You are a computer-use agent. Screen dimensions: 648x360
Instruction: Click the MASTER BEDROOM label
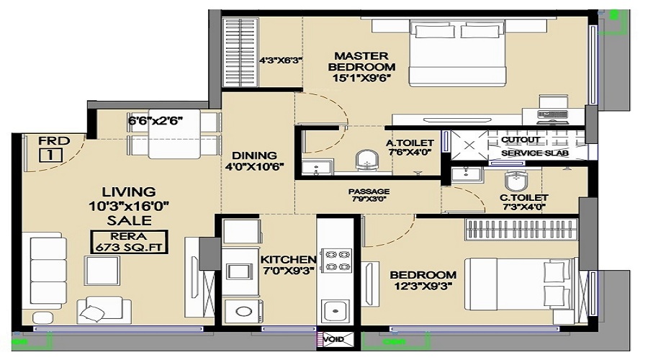tap(361, 61)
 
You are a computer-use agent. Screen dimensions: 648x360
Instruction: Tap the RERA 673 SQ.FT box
tap(129, 242)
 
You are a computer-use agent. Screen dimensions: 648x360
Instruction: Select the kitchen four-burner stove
tap(336, 260)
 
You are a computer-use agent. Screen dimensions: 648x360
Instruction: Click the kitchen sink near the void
tap(335, 311)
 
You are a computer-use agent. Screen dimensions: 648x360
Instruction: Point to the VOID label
tap(333, 339)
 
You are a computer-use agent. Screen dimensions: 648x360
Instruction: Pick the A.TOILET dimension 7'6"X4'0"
tap(410, 152)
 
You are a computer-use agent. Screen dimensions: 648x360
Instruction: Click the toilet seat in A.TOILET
tap(367, 161)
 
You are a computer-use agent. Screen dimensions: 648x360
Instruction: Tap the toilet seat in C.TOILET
tap(515, 180)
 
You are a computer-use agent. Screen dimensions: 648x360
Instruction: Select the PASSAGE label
tap(369, 192)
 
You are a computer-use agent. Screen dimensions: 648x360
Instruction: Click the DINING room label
tap(254, 156)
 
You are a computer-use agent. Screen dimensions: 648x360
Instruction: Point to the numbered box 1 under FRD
tap(51, 155)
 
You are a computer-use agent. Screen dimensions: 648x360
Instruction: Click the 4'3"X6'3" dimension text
tap(281, 60)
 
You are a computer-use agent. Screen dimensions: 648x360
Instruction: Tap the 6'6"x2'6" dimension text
tap(155, 121)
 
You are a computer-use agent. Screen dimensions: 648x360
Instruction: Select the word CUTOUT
tap(521, 140)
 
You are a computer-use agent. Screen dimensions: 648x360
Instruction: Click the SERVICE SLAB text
tap(535, 153)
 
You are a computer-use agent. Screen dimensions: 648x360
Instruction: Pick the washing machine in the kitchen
tap(244, 311)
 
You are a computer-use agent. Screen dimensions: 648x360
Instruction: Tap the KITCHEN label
tap(288, 260)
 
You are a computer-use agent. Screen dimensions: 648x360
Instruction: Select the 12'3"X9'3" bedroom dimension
tap(423, 286)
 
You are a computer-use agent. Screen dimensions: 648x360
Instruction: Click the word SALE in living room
tap(130, 220)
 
